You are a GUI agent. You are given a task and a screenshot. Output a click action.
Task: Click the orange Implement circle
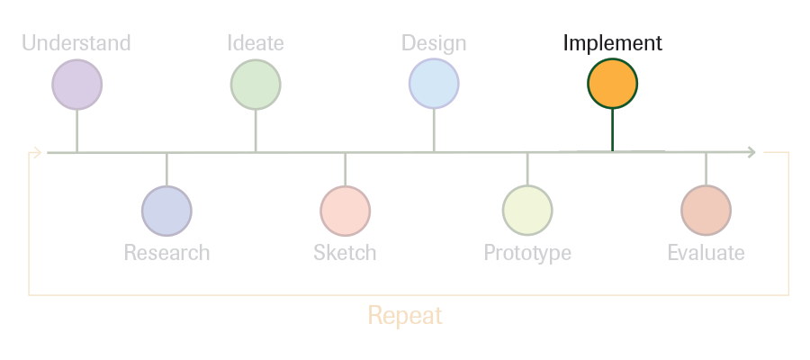point(612,84)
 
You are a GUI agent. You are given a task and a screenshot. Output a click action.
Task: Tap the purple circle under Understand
point(77,85)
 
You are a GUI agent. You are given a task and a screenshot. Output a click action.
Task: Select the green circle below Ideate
point(256,85)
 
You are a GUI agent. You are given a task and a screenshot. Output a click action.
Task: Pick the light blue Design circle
point(434,84)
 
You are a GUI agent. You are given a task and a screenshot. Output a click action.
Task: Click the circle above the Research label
point(166,211)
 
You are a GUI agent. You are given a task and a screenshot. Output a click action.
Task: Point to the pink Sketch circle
point(345,211)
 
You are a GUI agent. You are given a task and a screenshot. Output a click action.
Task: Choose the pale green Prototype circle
point(527,211)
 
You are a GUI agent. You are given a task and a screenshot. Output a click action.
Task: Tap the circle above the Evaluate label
point(706,211)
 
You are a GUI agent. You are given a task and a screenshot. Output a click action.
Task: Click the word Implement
point(613,43)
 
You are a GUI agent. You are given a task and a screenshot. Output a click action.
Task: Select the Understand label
point(76,43)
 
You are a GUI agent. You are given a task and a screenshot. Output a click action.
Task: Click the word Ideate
point(256,43)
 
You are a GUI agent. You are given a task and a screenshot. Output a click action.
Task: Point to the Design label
point(434,43)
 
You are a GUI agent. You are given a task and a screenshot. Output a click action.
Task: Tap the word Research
point(166,253)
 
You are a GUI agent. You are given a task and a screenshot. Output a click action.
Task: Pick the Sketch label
point(345,253)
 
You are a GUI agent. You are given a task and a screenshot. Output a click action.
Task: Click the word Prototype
point(527,253)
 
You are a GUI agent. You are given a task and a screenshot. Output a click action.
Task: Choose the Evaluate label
point(706,253)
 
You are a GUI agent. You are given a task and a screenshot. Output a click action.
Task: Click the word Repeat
point(405,315)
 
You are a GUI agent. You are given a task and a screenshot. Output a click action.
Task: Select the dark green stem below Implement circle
point(612,130)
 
